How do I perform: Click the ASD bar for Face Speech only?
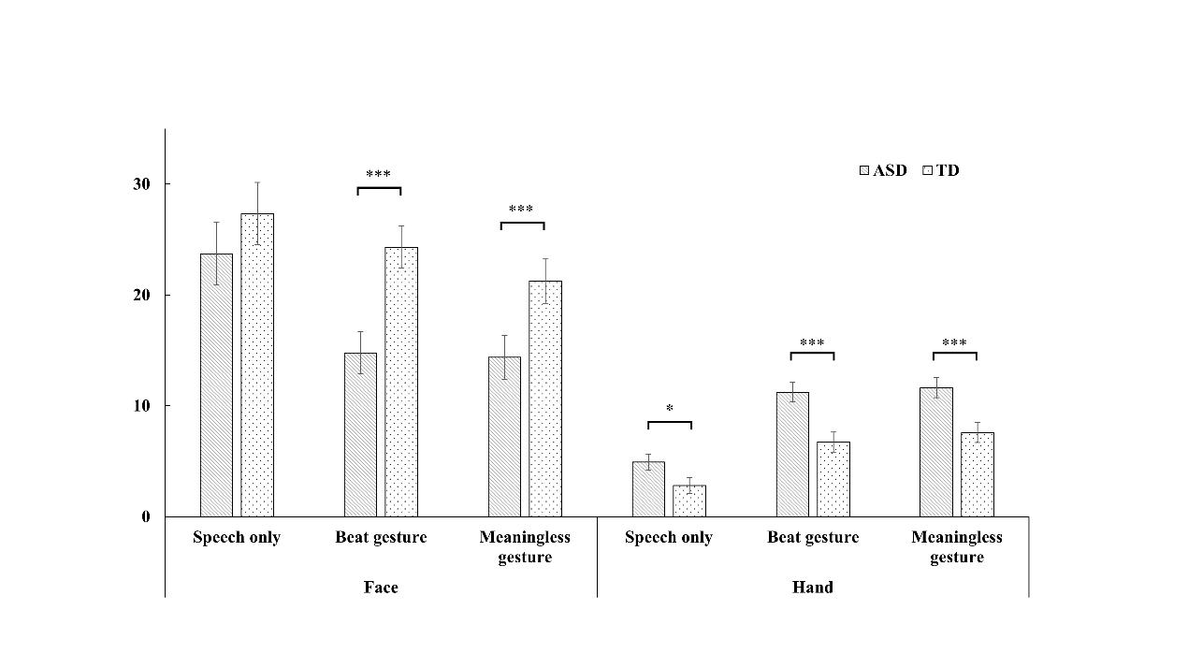pos(216,385)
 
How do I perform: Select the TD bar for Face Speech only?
pos(257,365)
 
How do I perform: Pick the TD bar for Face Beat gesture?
pos(401,382)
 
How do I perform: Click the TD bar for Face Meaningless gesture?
pos(545,399)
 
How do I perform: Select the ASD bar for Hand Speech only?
pos(648,489)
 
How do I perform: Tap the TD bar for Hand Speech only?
pos(689,501)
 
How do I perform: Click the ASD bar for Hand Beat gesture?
pos(792,455)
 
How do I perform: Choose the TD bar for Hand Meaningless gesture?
pos(978,474)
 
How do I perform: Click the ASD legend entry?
pos(883,170)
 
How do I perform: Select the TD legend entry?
pos(941,170)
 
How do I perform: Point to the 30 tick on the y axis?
pos(141,184)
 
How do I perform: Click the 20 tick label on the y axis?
pos(141,296)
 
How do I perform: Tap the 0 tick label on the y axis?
pos(146,516)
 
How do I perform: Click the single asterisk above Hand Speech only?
pos(670,409)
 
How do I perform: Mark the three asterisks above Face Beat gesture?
pos(379,175)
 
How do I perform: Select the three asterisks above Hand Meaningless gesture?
pos(954,343)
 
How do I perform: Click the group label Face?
pos(381,588)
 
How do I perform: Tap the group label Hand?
pos(812,588)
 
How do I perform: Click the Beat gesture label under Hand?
pos(813,537)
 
